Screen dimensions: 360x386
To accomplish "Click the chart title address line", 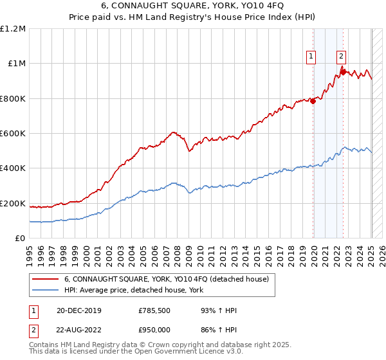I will [x=193, y=7].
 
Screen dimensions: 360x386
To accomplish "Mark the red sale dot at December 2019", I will [x=313, y=101].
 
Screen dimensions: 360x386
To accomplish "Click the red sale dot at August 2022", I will [x=343, y=72].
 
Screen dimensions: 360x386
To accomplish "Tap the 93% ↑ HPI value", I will [x=219, y=311].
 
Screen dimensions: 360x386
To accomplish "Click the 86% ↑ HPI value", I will [x=219, y=330].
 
